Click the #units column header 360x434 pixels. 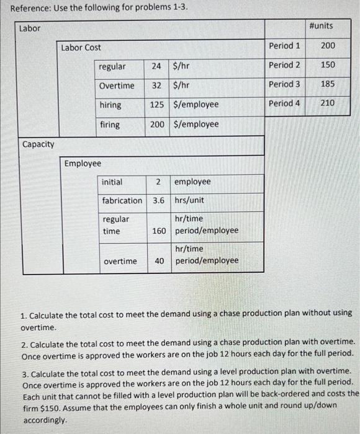point(320,25)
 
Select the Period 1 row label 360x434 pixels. point(284,45)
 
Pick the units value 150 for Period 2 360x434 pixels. point(328,64)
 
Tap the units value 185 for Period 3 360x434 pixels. point(328,84)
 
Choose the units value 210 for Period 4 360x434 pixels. point(328,103)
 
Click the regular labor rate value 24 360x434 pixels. point(156,66)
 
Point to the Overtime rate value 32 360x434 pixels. point(156,86)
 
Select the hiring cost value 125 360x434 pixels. point(157,105)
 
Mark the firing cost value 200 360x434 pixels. point(157,124)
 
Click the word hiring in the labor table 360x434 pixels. point(110,105)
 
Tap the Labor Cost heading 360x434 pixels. point(81,47)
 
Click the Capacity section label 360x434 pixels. point(38,144)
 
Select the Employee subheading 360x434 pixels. point(83,163)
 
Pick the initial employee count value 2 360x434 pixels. point(159,182)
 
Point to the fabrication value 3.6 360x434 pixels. point(158,200)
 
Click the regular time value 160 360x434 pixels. point(159,231)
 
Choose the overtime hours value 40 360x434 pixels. point(160,261)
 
